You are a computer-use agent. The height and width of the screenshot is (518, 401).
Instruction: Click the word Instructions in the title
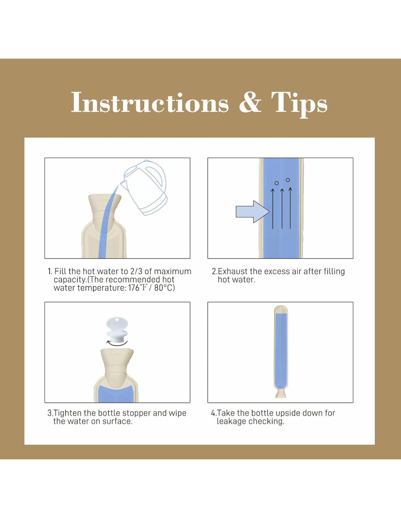150,102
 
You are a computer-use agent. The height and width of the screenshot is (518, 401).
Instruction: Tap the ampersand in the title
250,102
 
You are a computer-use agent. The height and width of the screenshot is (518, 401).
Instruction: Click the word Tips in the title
299,104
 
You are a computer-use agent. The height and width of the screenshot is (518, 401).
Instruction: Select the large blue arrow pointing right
253,211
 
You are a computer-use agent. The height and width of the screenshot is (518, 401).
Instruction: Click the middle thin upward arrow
282,209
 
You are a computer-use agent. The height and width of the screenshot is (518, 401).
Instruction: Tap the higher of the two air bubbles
288,180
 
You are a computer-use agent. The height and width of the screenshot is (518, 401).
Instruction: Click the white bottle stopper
117,327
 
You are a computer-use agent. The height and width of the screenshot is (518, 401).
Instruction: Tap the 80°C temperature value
164,288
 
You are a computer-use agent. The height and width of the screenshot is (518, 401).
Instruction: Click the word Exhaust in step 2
233,271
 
